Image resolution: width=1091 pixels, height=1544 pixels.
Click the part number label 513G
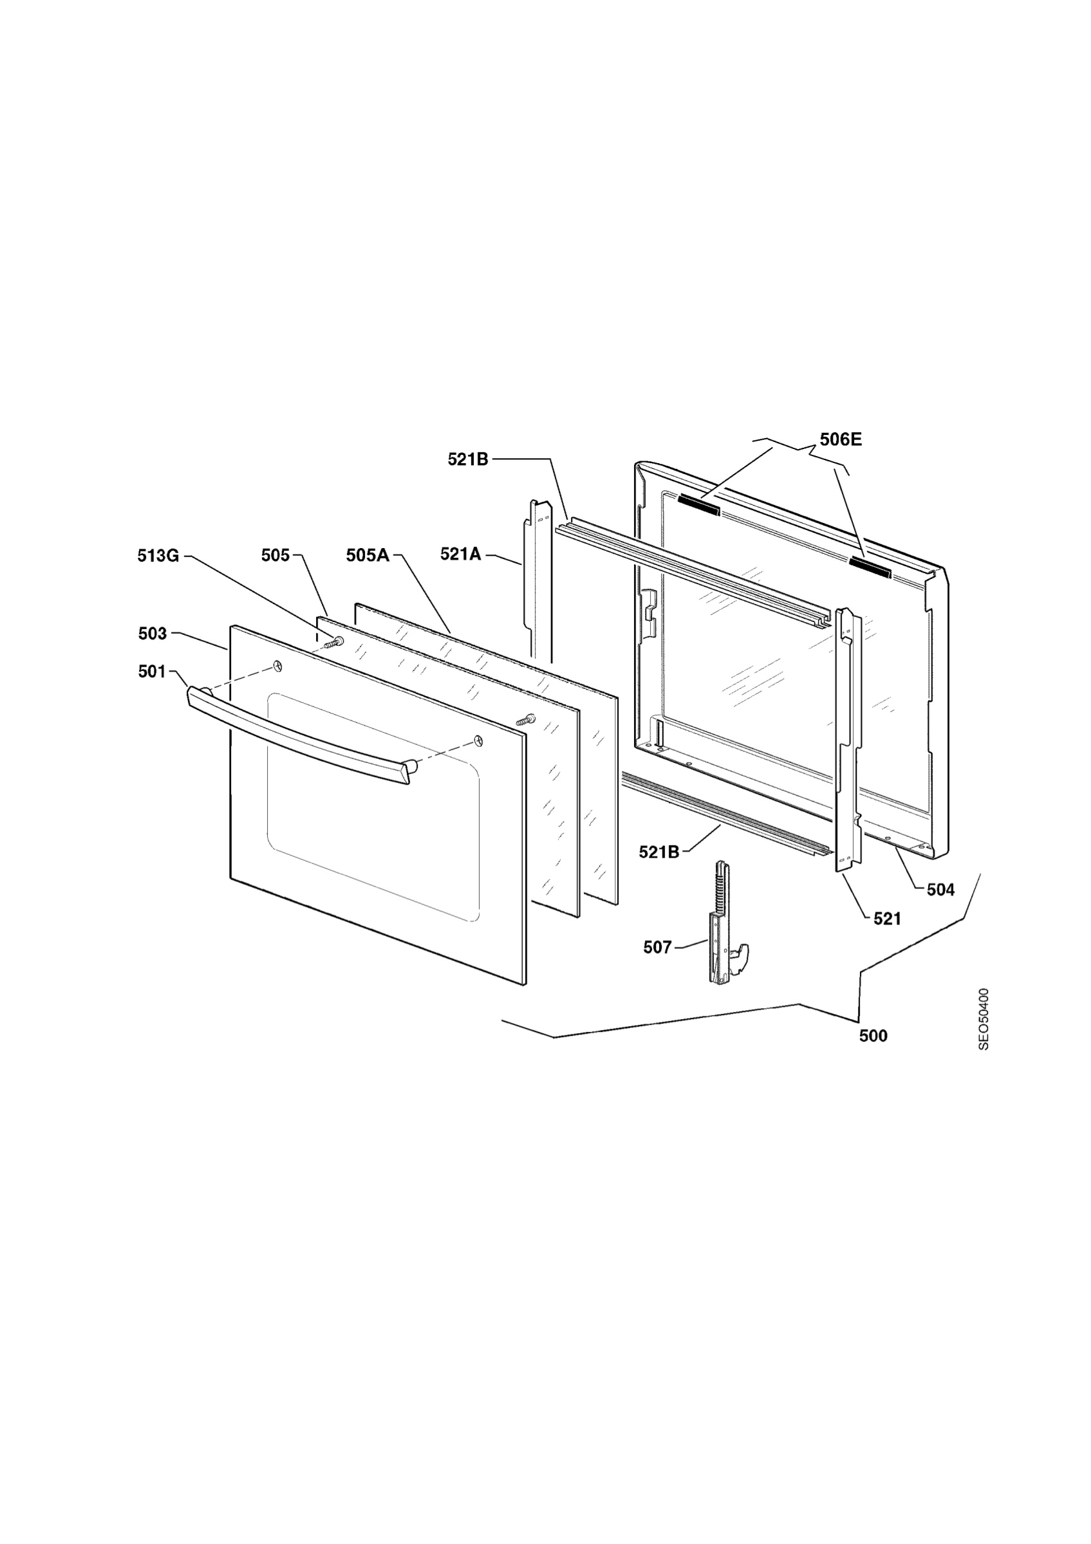click(x=158, y=555)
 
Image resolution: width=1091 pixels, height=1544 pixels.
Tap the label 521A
click(x=461, y=554)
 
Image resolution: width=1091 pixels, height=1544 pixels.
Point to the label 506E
click(x=840, y=440)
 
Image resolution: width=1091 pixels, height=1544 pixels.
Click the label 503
click(x=152, y=633)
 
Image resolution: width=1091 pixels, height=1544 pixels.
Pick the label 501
click(x=151, y=671)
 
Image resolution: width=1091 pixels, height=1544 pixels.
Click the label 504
click(x=940, y=890)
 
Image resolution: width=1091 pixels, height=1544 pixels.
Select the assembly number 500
click(x=873, y=1036)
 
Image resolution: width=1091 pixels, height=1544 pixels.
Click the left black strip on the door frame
click(x=699, y=504)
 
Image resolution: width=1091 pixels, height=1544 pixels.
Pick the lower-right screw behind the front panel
click(x=525, y=719)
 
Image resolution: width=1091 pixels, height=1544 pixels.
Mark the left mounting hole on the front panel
click(x=278, y=666)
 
